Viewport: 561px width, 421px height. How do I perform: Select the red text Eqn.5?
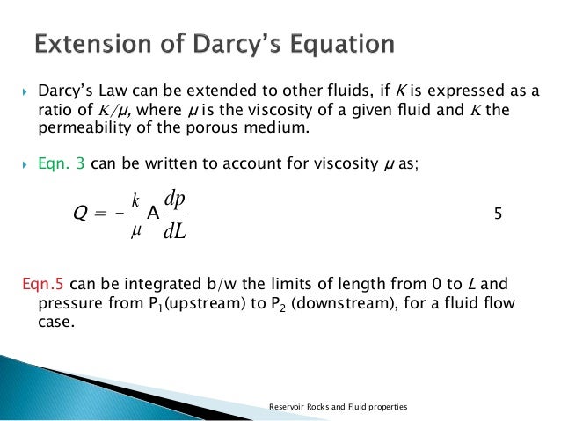point(40,284)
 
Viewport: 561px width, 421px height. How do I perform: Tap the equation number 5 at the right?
point(498,213)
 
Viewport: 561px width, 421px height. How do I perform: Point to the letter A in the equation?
point(152,213)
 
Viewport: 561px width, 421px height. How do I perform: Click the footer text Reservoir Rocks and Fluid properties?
point(338,407)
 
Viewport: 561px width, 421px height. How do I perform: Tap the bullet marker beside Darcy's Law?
point(26,90)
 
